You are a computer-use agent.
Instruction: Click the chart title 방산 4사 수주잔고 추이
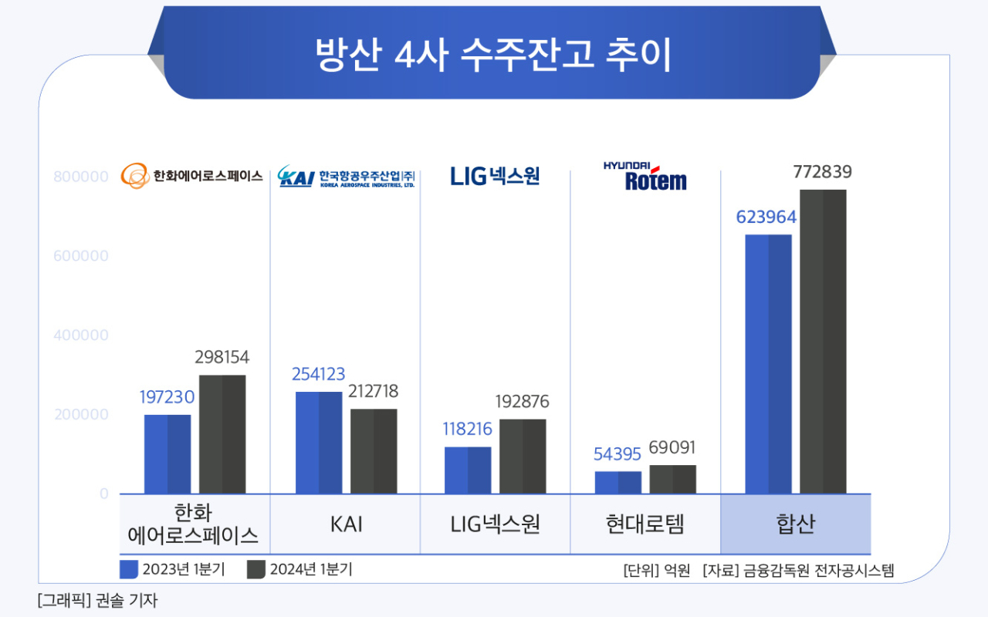[x=493, y=55]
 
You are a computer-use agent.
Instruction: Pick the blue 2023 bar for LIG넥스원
[x=468, y=470]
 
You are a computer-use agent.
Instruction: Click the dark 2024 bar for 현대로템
[x=672, y=479]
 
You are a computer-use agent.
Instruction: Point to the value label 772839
[x=823, y=173]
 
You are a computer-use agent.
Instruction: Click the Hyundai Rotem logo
[x=645, y=177]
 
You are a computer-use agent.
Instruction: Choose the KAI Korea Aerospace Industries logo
[x=346, y=177]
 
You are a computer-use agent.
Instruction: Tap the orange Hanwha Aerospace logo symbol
[x=135, y=176]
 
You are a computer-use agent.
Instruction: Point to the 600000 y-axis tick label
[x=81, y=256]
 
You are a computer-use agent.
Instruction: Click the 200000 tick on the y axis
[x=81, y=415]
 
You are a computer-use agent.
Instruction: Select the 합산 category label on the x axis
[x=795, y=524]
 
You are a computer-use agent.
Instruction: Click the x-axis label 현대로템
[x=645, y=524]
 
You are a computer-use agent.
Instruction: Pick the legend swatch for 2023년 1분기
[x=129, y=569]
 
